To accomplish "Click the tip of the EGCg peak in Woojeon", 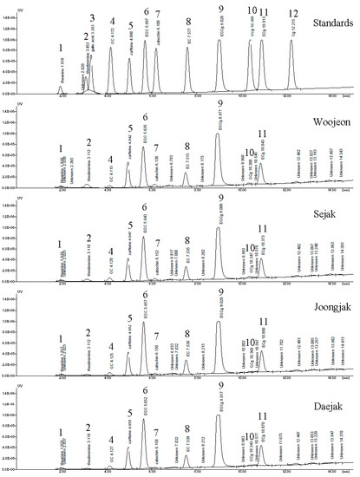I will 218,134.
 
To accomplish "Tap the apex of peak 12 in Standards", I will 291,41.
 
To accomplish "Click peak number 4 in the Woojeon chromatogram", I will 110,160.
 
